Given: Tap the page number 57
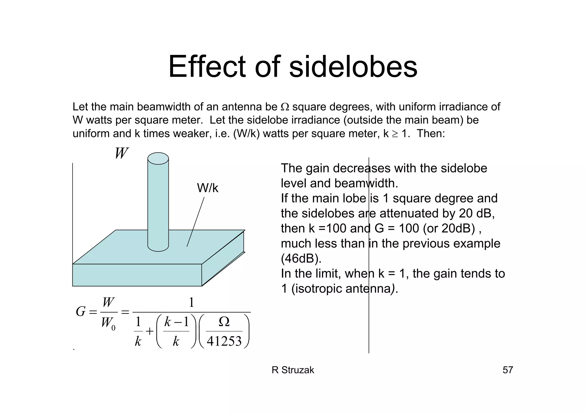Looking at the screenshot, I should pyautogui.click(x=508, y=370).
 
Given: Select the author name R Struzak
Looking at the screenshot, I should pyautogui.click(x=293, y=370).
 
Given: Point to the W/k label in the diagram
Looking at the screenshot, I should pyautogui.click(x=207, y=188).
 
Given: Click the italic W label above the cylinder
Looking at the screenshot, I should pyautogui.click(x=121, y=153).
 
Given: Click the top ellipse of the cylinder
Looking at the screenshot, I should pyautogui.click(x=158, y=159).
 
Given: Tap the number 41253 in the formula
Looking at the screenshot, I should pyautogui.click(x=224, y=341).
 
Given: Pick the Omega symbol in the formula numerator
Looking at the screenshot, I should pyautogui.click(x=224, y=322).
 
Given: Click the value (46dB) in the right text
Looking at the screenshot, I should pyautogui.click(x=301, y=259).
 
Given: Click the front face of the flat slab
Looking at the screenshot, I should pyautogui.click(x=137, y=275).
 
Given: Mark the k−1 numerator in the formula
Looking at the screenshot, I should pyautogui.click(x=176, y=322).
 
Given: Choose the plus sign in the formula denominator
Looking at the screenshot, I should pyautogui.click(x=150, y=332).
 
